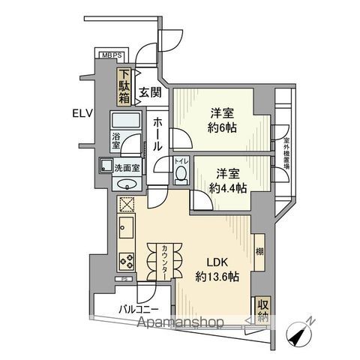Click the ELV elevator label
82,114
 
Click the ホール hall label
157,134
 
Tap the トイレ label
180,161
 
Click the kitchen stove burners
124,262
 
